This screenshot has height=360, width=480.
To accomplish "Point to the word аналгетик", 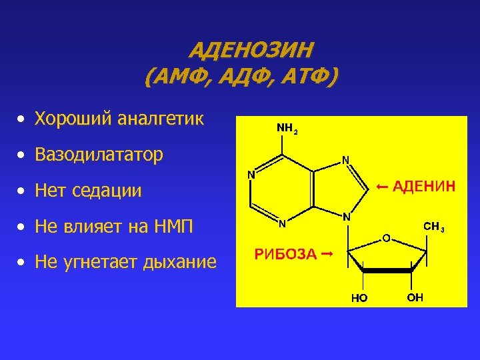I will [x=160, y=119].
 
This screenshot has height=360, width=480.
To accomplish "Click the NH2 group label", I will [x=287, y=127].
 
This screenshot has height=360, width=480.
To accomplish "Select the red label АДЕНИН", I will [x=424, y=186].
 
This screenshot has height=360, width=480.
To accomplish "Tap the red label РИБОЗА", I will [x=283, y=254].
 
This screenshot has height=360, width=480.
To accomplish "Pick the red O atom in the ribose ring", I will [x=386, y=237].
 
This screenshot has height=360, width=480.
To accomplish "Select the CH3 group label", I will [x=434, y=227].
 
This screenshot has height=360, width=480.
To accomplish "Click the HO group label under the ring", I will [x=360, y=298].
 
